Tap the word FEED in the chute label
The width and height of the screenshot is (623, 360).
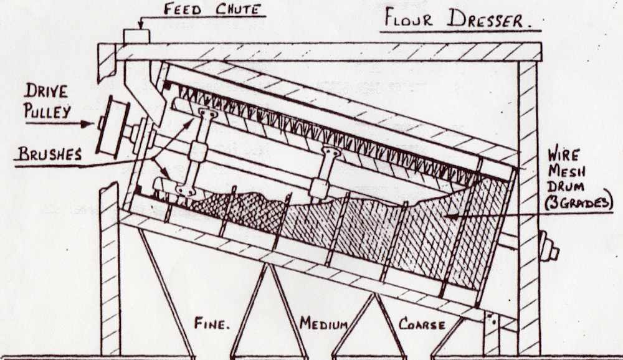[x=182, y=9]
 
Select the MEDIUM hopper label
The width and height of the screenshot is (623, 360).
[x=323, y=323]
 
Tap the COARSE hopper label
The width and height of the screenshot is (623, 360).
[x=422, y=324]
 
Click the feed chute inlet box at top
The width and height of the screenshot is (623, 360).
[x=136, y=36]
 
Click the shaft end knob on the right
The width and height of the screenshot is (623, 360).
[x=549, y=246]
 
